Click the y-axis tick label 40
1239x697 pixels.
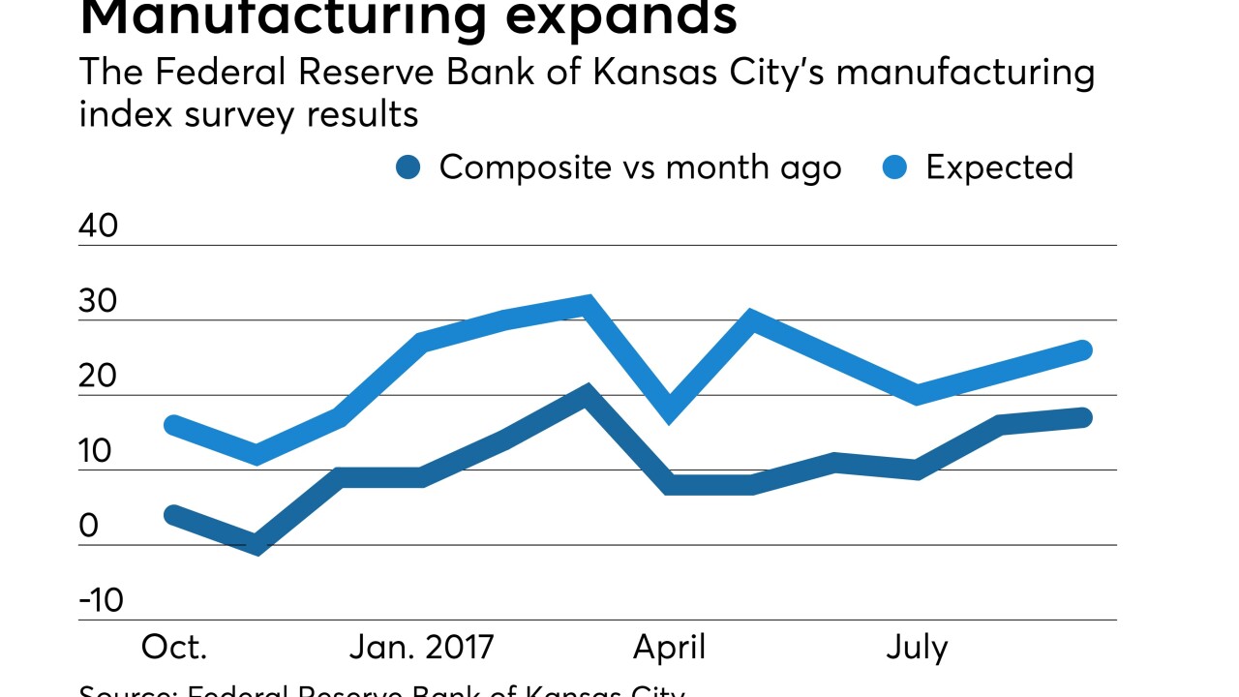pyautogui.click(x=99, y=227)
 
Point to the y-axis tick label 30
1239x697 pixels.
pyautogui.click(x=98, y=302)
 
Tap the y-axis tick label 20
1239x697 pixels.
pyautogui.click(x=98, y=378)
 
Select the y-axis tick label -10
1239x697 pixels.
pyautogui.click(x=102, y=601)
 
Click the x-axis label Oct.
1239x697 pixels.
pyautogui.click(x=174, y=647)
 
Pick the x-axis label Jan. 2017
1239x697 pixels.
pyautogui.click(x=421, y=647)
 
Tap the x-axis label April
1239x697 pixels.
pyautogui.click(x=669, y=647)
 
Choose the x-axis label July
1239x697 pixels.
pyautogui.click(x=917, y=647)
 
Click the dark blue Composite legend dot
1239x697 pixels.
pyautogui.click(x=408, y=168)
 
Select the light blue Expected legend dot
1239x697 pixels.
pyautogui.click(x=895, y=168)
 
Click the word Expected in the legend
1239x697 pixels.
pyautogui.click(x=999, y=168)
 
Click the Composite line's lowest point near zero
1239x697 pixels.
pyautogui.click(x=257, y=544)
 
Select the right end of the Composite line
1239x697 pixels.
pyautogui.click(x=1083, y=418)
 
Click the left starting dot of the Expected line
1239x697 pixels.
pyautogui.click(x=174, y=425)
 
